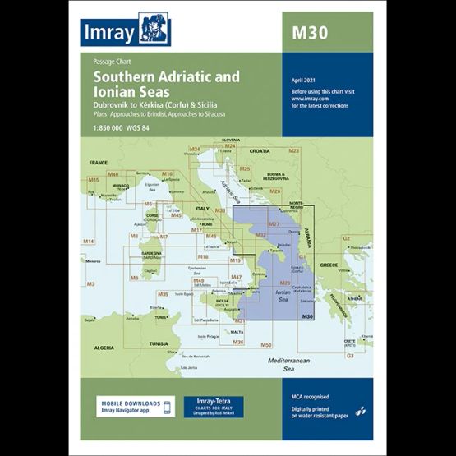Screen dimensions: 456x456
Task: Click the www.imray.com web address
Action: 310,98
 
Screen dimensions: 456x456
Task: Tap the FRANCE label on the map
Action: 99,164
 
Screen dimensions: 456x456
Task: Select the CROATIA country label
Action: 260,152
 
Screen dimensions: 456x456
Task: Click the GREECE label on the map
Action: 329,265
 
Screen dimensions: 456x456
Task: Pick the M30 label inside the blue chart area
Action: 306,317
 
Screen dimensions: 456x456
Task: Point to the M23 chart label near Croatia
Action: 293,151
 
